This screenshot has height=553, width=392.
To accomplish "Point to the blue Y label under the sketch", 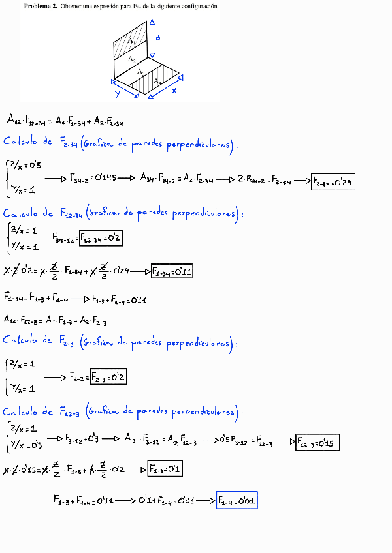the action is [x=118, y=94].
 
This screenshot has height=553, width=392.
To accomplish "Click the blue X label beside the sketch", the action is [x=174, y=91].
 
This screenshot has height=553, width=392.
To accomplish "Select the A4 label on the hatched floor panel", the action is [x=157, y=81].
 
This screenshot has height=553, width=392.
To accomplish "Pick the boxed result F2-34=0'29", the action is [x=333, y=182].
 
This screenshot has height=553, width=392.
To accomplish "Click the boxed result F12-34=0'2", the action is [x=101, y=239].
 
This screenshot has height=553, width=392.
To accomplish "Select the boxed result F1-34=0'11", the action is [x=171, y=272].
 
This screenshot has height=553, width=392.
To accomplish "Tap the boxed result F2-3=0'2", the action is [x=108, y=377].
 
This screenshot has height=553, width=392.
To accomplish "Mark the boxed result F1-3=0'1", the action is [x=165, y=468].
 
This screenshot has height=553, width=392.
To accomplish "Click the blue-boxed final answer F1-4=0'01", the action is [x=237, y=500].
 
